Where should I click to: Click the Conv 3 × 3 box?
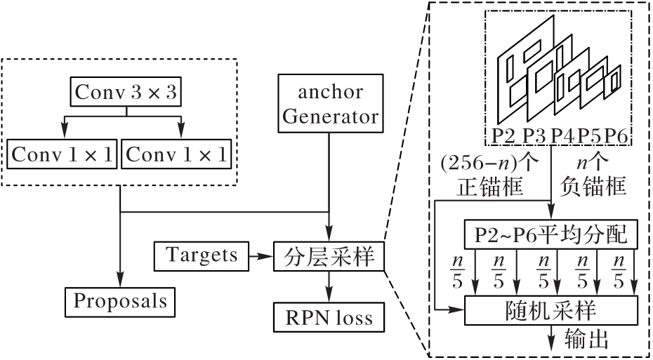123,91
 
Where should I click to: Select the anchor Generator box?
329,104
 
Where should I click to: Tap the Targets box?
202,255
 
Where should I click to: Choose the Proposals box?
121,300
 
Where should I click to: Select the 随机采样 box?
550,309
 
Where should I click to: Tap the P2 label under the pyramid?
502,135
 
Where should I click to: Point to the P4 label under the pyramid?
562,135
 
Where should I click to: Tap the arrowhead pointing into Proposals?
121,279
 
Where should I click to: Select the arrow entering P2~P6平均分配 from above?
551,211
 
